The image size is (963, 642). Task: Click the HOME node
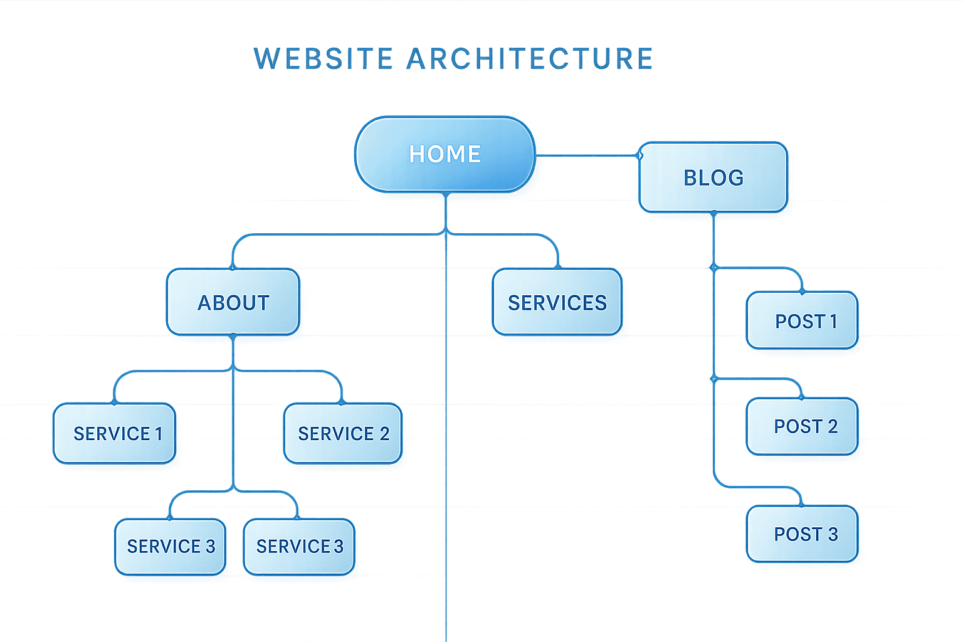point(445,154)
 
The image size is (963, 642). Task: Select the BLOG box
point(713,177)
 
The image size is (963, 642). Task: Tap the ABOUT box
point(233,302)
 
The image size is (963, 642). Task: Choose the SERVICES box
point(557,302)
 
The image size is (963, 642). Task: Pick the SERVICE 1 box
point(115,433)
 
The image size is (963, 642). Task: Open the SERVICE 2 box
point(342,433)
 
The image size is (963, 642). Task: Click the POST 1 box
point(802,321)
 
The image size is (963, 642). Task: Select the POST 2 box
point(802,426)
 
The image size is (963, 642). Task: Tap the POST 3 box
point(802,534)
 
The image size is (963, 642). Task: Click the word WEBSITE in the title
point(324,58)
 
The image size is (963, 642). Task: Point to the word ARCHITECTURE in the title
point(530,58)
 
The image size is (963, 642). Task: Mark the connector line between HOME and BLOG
point(586,154)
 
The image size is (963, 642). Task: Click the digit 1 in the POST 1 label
point(833,321)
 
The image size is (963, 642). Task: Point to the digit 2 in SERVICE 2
point(384,433)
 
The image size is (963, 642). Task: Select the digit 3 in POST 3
point(833,534)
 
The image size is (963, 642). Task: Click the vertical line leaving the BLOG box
point(713,238)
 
